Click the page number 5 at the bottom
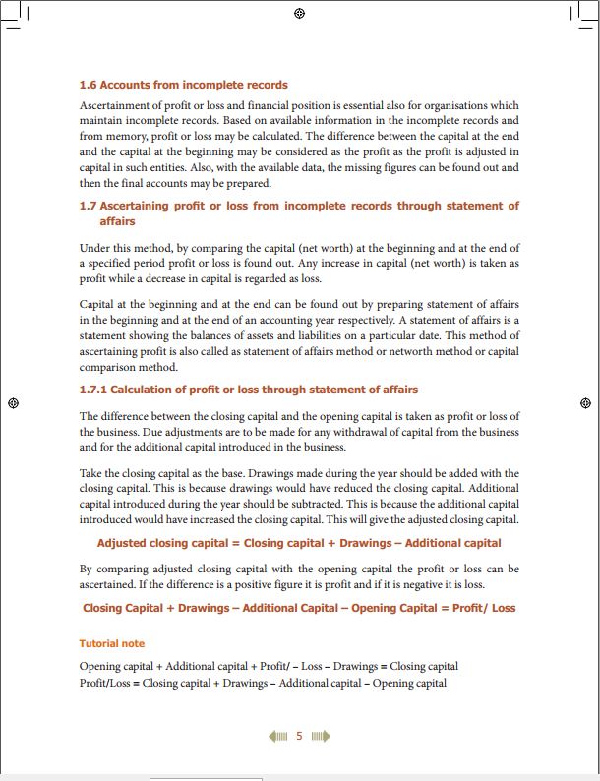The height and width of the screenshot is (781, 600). [x=299, y=736]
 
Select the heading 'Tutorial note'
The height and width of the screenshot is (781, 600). [x=111, y=644]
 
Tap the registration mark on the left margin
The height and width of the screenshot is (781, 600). [x=13, y=402]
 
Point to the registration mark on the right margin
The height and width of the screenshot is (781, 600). [x=585, y=402]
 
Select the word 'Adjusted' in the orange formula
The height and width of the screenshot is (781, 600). [x=122, y=543]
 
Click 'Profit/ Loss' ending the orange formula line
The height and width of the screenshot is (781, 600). [x=483, y=608]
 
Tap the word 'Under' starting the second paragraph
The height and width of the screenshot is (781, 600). [x=94, y=248]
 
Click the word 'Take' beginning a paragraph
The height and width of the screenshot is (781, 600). [x=90, y=473]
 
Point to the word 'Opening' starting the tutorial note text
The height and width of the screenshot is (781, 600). [x=101, y=666]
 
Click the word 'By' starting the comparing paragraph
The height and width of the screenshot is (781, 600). [x=86, y=570]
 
